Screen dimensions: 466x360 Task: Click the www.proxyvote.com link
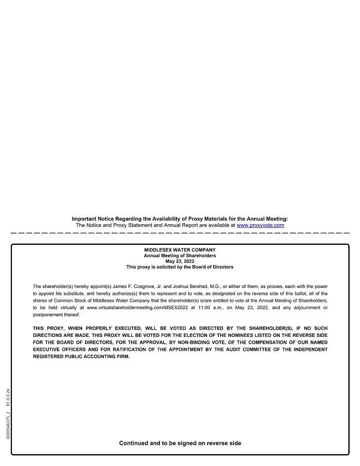[x=260, y=225]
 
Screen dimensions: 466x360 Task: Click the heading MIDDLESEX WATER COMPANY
[x=180, y=250]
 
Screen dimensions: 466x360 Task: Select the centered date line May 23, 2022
[x=180, y=261]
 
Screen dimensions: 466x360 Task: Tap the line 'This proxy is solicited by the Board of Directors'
[x=180, y=267]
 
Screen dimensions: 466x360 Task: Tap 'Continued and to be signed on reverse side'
[x=180, y=443]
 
